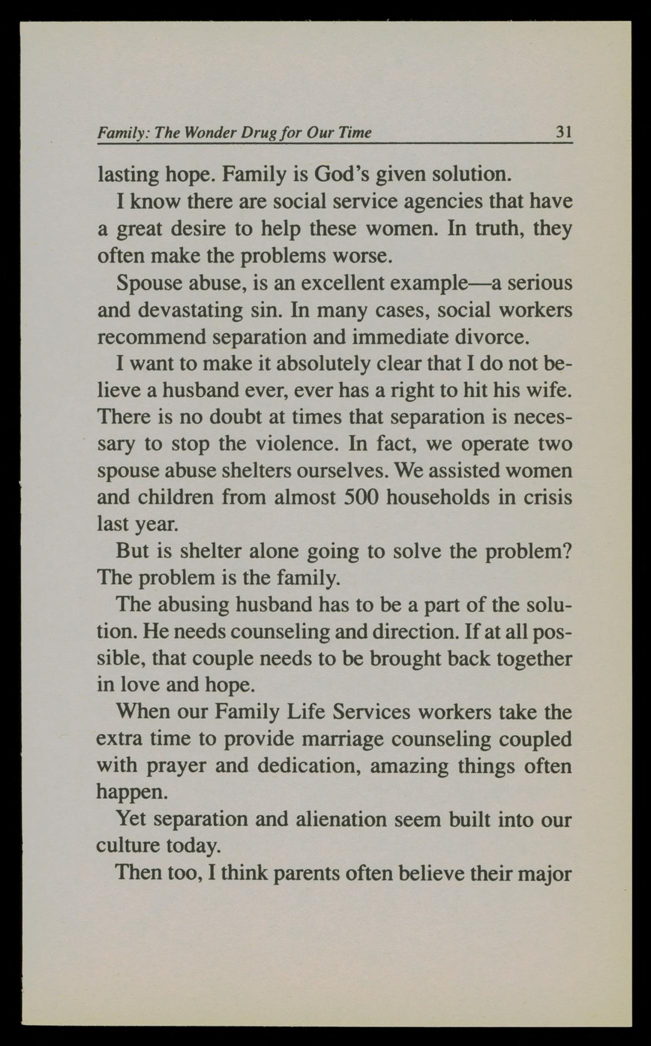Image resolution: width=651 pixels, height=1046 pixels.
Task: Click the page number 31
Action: tap(564, 132)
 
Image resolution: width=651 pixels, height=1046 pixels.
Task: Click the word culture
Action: tap(127, 846)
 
